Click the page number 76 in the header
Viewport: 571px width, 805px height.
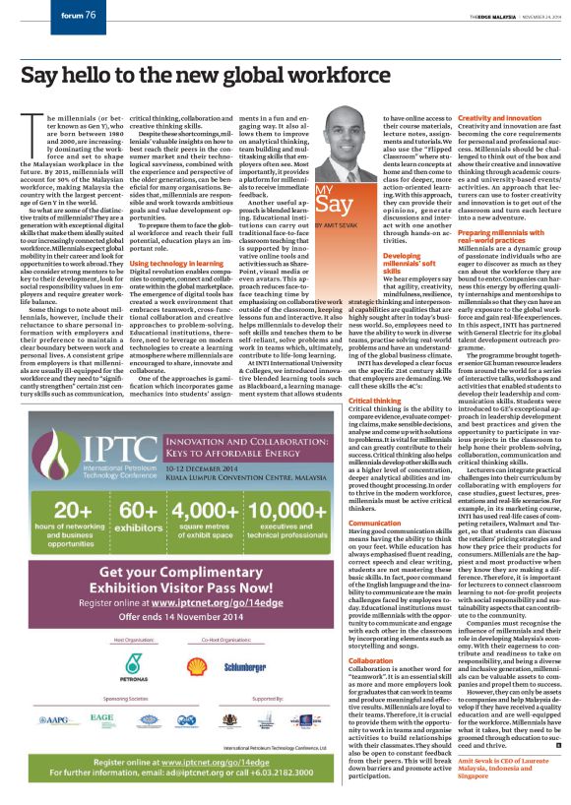89,16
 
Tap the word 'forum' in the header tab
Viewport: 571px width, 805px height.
70,16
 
